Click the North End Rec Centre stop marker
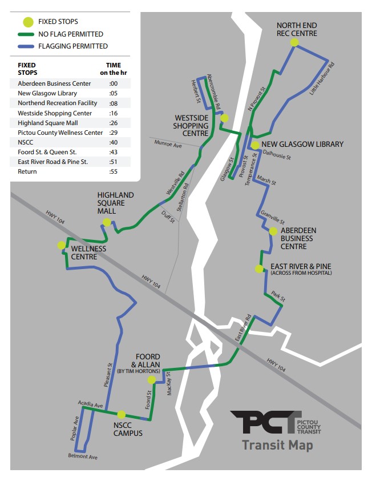294,42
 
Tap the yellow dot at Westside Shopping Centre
224,118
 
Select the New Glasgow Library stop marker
255,145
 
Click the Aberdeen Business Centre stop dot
273,231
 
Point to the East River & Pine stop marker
259,268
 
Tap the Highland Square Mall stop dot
106,222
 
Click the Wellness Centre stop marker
61,245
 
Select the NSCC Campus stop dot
121,414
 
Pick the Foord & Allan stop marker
151,380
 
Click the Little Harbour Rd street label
321,78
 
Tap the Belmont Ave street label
83,457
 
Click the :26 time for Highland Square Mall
113,123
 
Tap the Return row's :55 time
113,171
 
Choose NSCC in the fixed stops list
26,142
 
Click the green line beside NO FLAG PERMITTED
27,34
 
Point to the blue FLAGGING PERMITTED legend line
27,46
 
